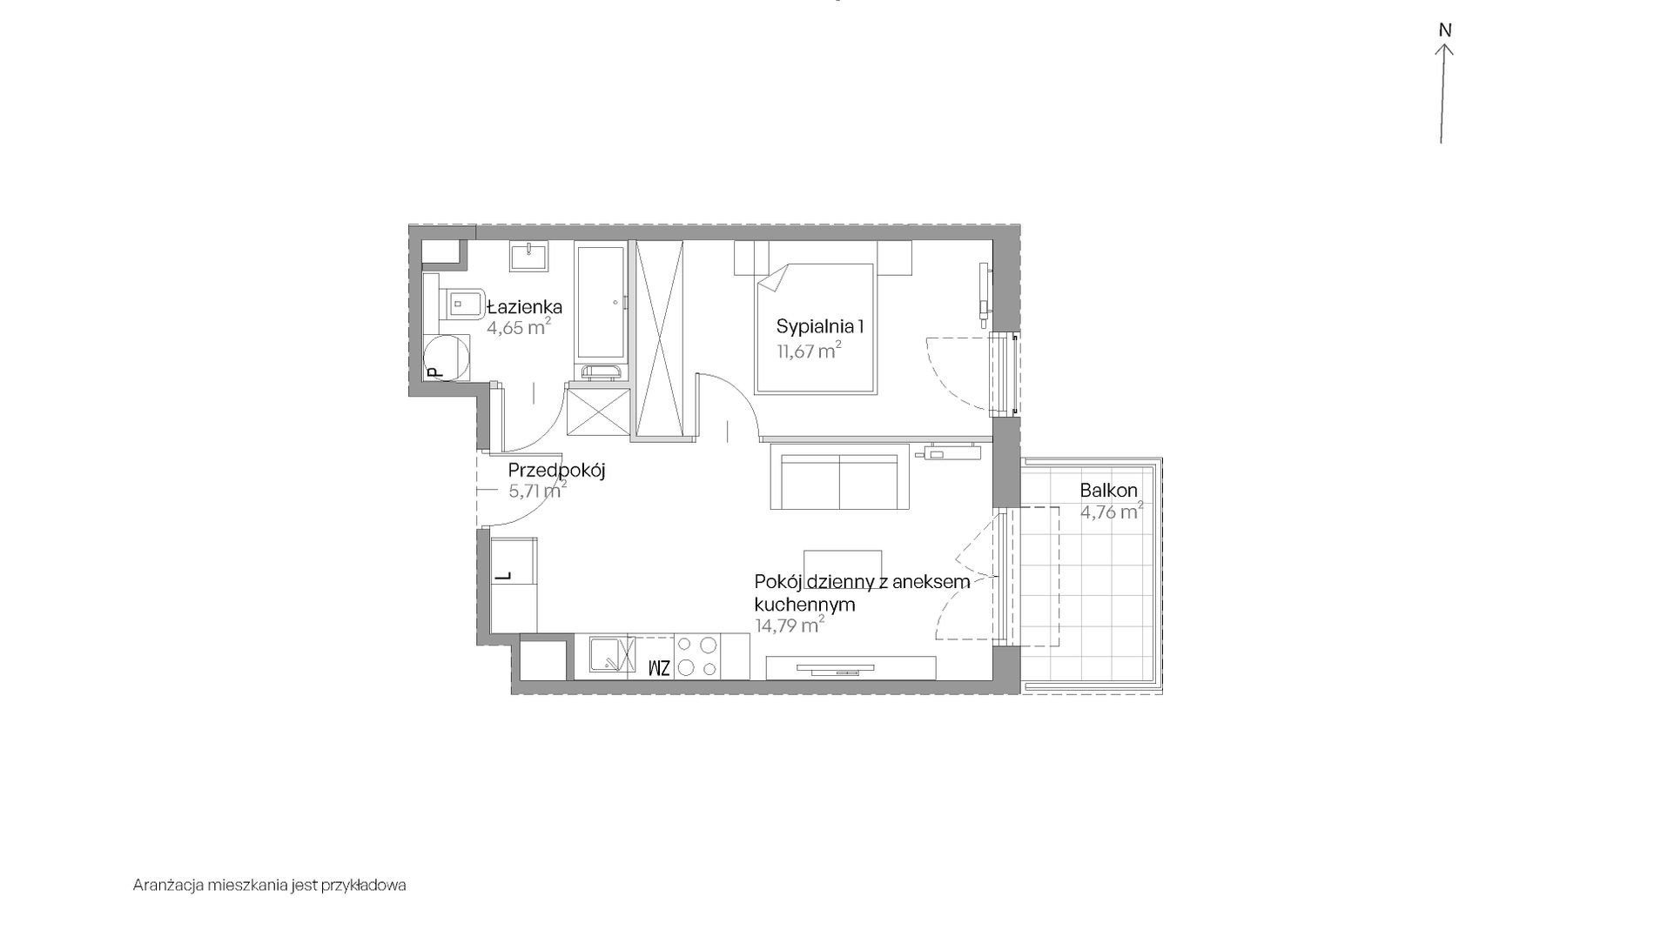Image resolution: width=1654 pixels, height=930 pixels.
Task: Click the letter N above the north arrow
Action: coord(1445,30)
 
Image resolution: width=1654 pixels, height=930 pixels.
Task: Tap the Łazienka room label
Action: coord(524,307)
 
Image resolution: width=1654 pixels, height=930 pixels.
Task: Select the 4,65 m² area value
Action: coord(519,327)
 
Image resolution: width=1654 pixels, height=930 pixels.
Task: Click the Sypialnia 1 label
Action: coord(820,327)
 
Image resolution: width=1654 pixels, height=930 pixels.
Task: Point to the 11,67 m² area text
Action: coord(809,351)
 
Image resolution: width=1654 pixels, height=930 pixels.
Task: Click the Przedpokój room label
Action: coord(556,471)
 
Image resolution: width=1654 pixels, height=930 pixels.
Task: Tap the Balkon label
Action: coord(1109,491)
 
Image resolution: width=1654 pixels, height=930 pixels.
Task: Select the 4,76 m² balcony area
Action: coord(1112,512)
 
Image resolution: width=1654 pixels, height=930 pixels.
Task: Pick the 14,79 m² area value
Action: coord(790,625)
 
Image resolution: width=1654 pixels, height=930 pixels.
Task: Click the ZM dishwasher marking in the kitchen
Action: coord(659,668)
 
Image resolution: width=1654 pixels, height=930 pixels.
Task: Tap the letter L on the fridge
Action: coord(502,575)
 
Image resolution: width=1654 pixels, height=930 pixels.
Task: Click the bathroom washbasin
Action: coord(529,257)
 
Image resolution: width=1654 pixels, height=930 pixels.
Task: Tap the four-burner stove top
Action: coord(698,657)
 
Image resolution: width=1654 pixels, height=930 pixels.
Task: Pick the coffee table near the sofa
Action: coord(843,563)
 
